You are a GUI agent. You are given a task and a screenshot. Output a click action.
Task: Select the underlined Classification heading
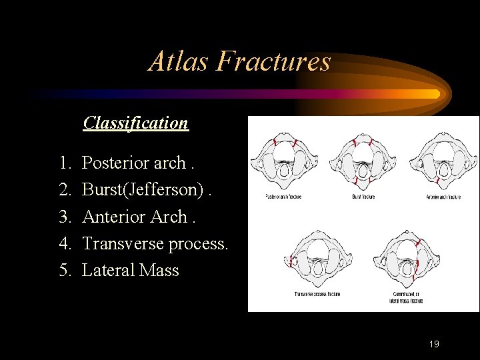[136, 123]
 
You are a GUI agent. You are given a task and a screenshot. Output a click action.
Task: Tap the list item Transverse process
[155, 243]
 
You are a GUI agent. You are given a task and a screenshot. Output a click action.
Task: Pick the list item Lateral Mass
[130, 270]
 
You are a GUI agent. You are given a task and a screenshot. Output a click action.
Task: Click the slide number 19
[434, 344]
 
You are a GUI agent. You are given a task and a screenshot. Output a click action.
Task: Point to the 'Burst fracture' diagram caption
[363, 197]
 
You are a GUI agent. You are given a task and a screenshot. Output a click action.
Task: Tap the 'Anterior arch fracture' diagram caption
[443, 197]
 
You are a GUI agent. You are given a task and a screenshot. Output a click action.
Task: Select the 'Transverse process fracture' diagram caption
[317, 294]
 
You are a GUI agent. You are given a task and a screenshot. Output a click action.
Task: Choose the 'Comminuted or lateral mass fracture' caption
[405, 297]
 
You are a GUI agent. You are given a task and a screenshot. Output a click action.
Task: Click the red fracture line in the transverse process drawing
[292, 261]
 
